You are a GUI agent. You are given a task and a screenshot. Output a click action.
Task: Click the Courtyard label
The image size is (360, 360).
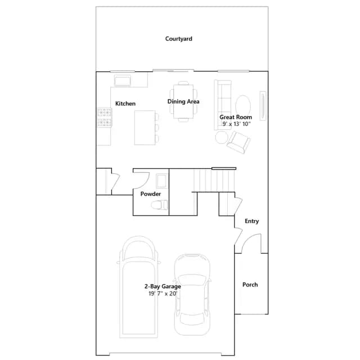179,39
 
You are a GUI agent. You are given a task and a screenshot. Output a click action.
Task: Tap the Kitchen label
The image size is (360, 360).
125,103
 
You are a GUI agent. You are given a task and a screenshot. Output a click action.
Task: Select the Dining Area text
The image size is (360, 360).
183,101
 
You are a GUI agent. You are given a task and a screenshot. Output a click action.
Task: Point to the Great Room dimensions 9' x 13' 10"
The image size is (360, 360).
236,124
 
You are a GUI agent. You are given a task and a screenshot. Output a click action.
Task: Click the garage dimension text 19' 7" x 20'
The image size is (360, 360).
163,294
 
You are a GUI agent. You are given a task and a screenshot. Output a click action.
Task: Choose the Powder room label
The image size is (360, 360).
151,193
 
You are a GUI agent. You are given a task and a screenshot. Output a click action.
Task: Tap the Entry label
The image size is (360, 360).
251,221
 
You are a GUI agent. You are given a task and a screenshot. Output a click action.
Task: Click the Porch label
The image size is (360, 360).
250,285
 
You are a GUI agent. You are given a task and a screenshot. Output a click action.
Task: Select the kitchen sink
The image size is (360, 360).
123,80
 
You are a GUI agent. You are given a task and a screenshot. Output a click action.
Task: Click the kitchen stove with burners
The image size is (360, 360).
105,118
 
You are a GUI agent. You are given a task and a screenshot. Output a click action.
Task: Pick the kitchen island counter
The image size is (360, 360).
145,128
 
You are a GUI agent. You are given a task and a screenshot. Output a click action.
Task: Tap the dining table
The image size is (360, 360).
183,101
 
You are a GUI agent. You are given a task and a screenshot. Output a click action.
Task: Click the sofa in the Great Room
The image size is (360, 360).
223,105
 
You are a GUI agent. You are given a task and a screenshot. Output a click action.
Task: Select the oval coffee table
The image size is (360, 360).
243,105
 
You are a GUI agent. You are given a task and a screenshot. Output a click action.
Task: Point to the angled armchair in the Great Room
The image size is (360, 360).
238,142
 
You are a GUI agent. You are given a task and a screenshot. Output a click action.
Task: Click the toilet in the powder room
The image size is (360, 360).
160,205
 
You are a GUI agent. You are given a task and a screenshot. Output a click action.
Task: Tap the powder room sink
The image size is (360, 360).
161,181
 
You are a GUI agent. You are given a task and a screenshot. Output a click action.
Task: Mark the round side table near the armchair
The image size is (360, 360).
222,137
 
